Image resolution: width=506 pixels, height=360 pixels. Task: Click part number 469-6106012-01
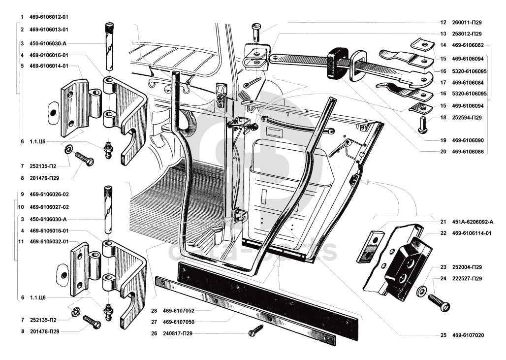tap(49, 17)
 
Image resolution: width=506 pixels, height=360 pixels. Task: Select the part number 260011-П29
tap(467, 23)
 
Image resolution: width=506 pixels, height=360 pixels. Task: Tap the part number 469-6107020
tap(468, 335)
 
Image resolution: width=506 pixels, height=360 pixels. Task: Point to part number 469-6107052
tap(179, 311)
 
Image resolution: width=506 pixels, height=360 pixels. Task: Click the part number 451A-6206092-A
tap(473, 222)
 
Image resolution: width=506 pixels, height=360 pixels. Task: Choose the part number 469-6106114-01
tap(472, 233)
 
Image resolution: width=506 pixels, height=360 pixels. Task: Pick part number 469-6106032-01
tap(49, 241)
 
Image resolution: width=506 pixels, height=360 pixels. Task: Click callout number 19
tap(443, 140)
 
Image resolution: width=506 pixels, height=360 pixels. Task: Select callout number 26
tap(154, 333)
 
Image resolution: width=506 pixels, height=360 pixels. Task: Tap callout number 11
tap(21, 241)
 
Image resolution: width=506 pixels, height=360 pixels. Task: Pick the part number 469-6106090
tap(468, 140)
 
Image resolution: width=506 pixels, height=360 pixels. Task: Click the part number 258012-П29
tap(467, 34)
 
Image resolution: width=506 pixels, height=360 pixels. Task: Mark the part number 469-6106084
tap(468, 83)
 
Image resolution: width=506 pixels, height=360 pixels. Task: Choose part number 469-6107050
tap(179, 322)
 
